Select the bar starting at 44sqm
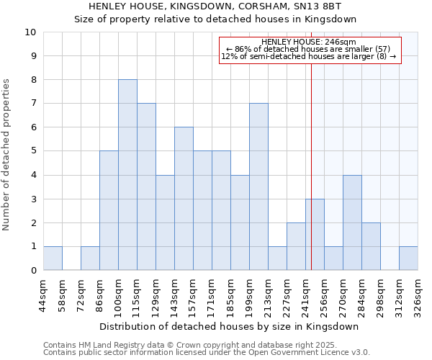(x=53, y=258)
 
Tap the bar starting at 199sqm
(x=258, y=186)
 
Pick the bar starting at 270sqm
(x=352, y=222)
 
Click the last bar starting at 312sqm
(x=408, y=258)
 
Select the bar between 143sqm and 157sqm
(x=184, y=199)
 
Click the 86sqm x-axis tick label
(x=99, y=295)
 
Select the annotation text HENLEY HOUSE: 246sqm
(x=309, y=42)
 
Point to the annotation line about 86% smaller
(x=309, y=49)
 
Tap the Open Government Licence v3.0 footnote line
(x=207, y=353)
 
